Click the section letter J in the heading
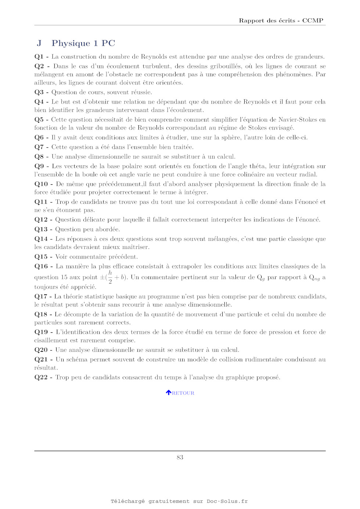click(x=39, y=43)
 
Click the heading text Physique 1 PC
click(x=83, y=43)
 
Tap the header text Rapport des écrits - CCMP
click(x=281, y=21)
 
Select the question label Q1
click(x=39, y=57)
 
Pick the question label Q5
click(x=39, y=119)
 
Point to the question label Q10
click(x=41, y=184)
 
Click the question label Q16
click(x=41, y=266)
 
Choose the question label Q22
click(x=41, y=377)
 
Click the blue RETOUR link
click(x=183, y=393)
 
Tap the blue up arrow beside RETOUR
click(x=169, y=393)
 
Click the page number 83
click(x=180, y=457)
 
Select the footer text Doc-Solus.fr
click(x=227, y=501)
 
